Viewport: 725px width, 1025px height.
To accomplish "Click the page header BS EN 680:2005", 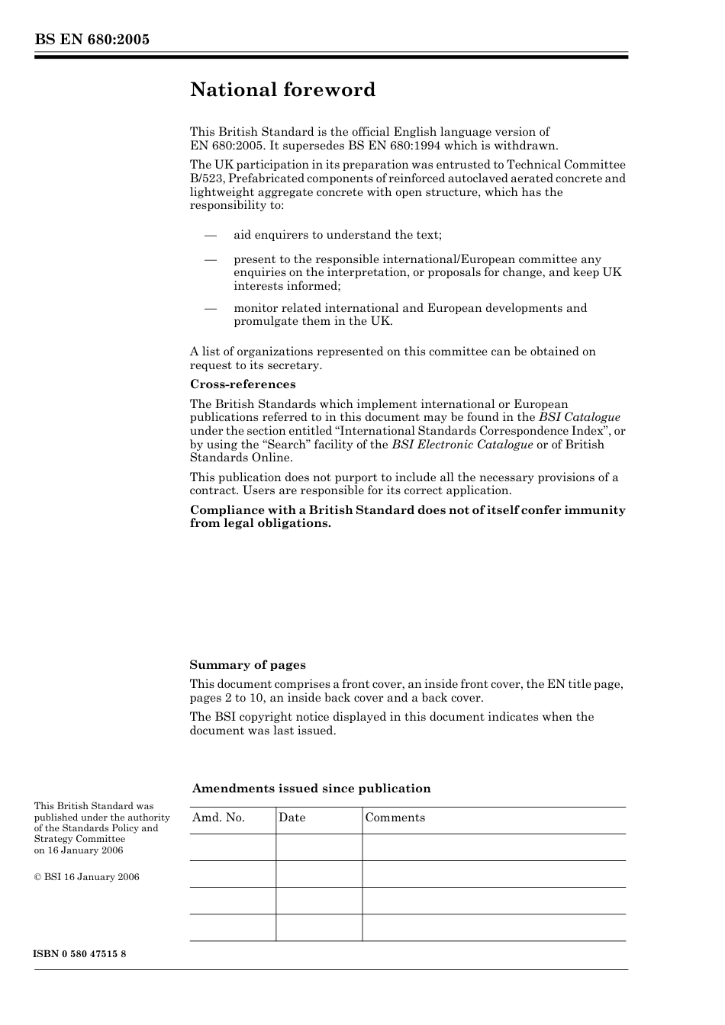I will pos(92,40).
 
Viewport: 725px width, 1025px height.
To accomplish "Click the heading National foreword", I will pos(282,90).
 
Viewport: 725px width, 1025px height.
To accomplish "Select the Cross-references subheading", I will pos(243,384).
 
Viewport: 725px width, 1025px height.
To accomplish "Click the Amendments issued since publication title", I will pos(311,789).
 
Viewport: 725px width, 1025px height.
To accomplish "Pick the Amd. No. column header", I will pos(218,818).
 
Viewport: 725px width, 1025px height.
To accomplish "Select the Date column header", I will pos(292,818).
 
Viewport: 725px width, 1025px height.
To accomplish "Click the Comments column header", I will pos(395,818).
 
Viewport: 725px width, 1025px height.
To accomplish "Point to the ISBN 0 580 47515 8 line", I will pos(80,955).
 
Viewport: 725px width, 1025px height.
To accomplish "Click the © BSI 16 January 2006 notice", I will pos(87,877).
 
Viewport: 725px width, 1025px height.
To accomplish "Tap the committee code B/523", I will pos(206,178).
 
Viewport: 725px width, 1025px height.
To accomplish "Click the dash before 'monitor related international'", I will pos(211,308).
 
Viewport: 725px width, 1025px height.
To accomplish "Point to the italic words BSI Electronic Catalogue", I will pos(462,445).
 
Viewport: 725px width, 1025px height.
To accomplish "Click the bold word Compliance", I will pos(225,510).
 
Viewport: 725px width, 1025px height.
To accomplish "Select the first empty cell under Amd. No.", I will pos(232,847).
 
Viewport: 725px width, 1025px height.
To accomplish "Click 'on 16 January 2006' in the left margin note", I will pos(79,850).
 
